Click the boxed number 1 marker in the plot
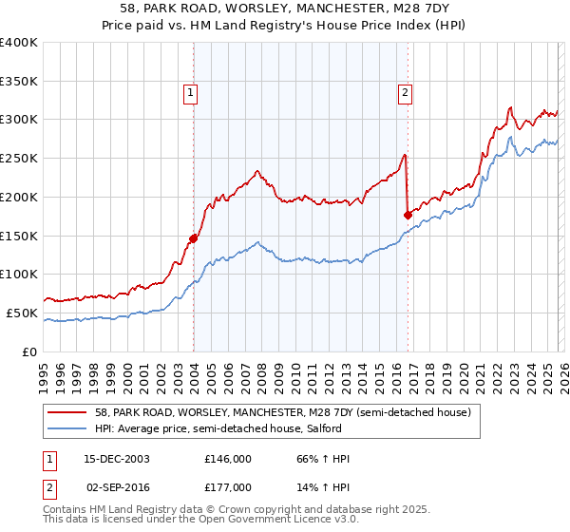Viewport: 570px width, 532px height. (191, 92)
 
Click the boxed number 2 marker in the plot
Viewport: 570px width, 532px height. (405, 92)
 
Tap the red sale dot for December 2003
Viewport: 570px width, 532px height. (193, 238)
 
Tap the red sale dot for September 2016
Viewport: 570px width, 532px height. (408, 215)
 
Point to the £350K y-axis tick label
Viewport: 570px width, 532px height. (19, 82)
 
